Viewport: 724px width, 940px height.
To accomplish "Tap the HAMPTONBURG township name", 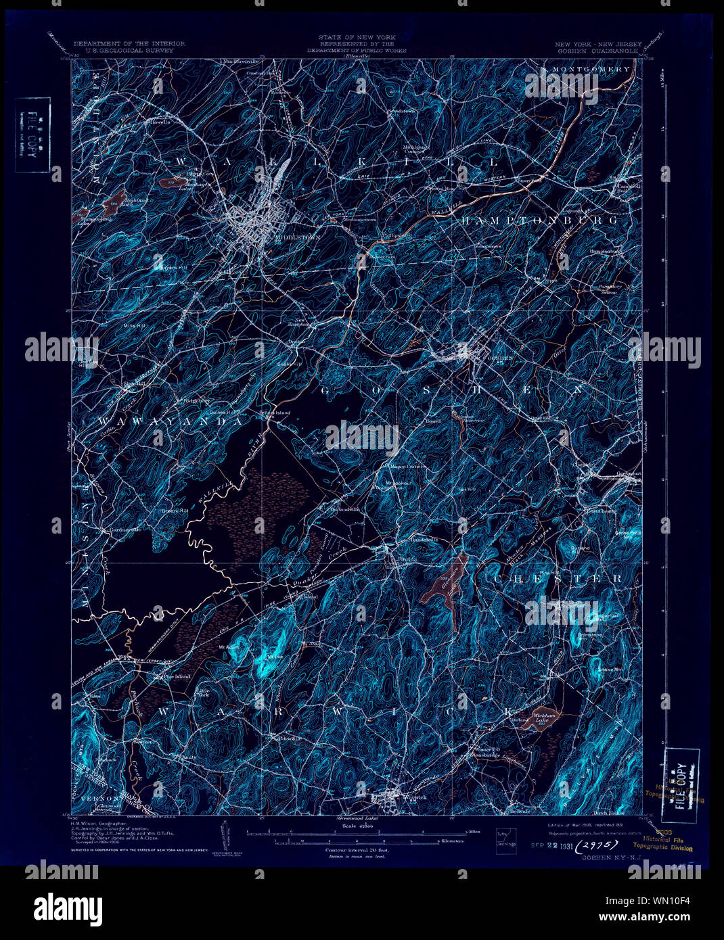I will [x=539, y=221].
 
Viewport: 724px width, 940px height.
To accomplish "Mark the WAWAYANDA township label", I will [x=170, y=421].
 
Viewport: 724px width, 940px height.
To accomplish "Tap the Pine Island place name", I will [x=176, y=676].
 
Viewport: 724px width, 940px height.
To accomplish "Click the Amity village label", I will [x=188, y=757].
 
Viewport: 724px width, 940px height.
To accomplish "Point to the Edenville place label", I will [x=289, y=738].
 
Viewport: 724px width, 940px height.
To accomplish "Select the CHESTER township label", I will [x=556, y=579].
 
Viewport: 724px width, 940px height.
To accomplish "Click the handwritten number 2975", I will [x=599, y=844].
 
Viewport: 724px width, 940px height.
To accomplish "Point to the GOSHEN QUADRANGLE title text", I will [x=597, y=50].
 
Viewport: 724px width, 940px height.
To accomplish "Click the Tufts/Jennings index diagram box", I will [x=505, y=837].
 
